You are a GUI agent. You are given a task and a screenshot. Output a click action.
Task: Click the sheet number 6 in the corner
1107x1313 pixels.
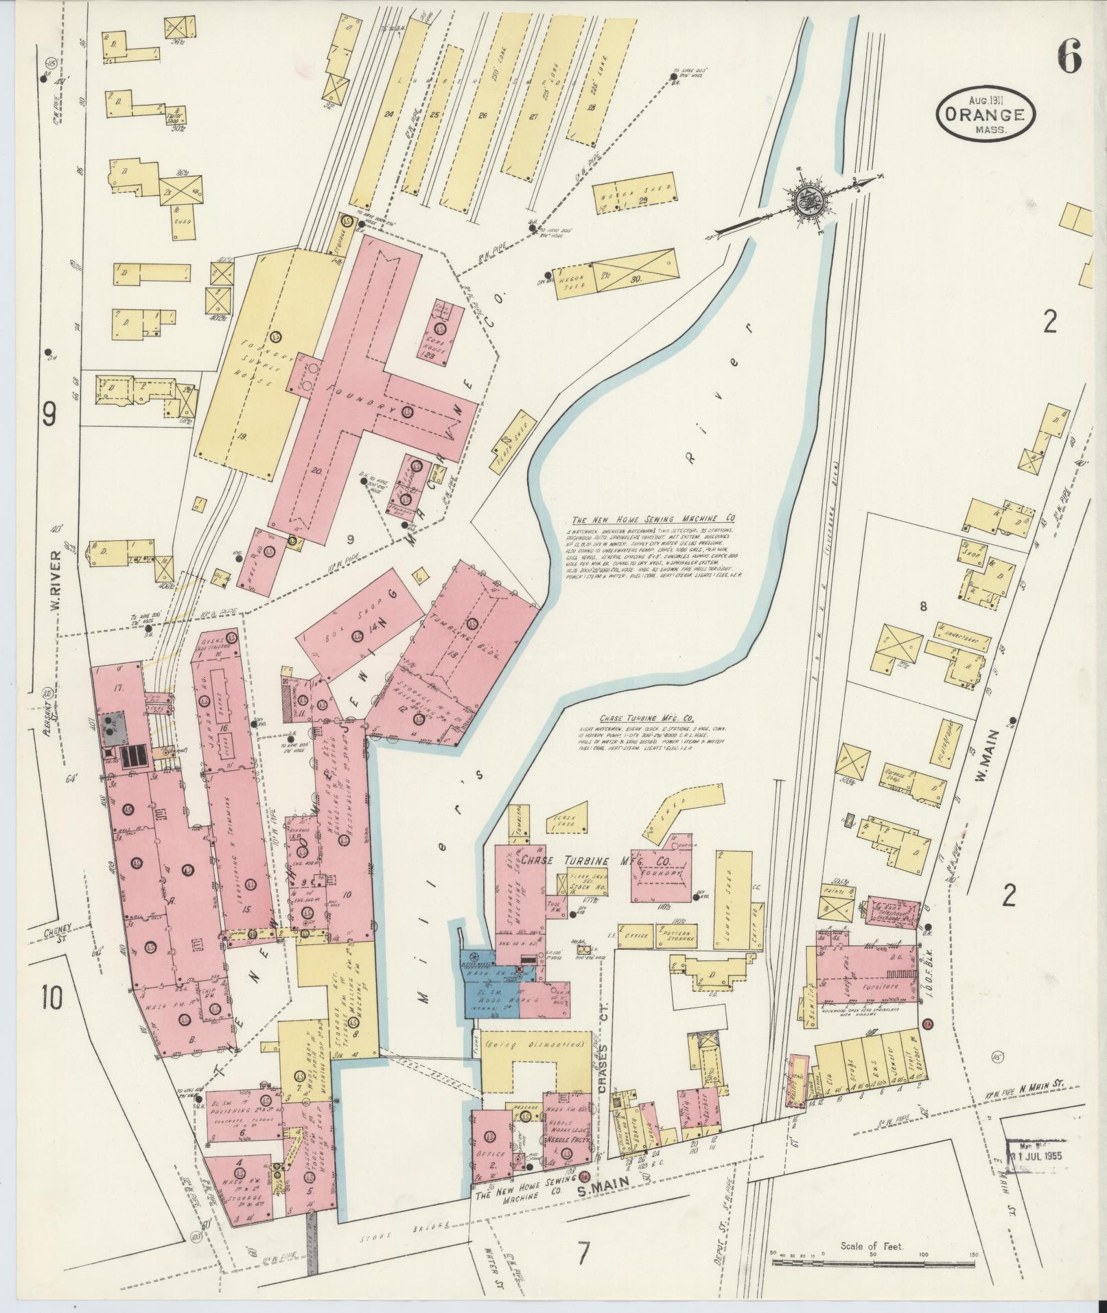click(1069, 56)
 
